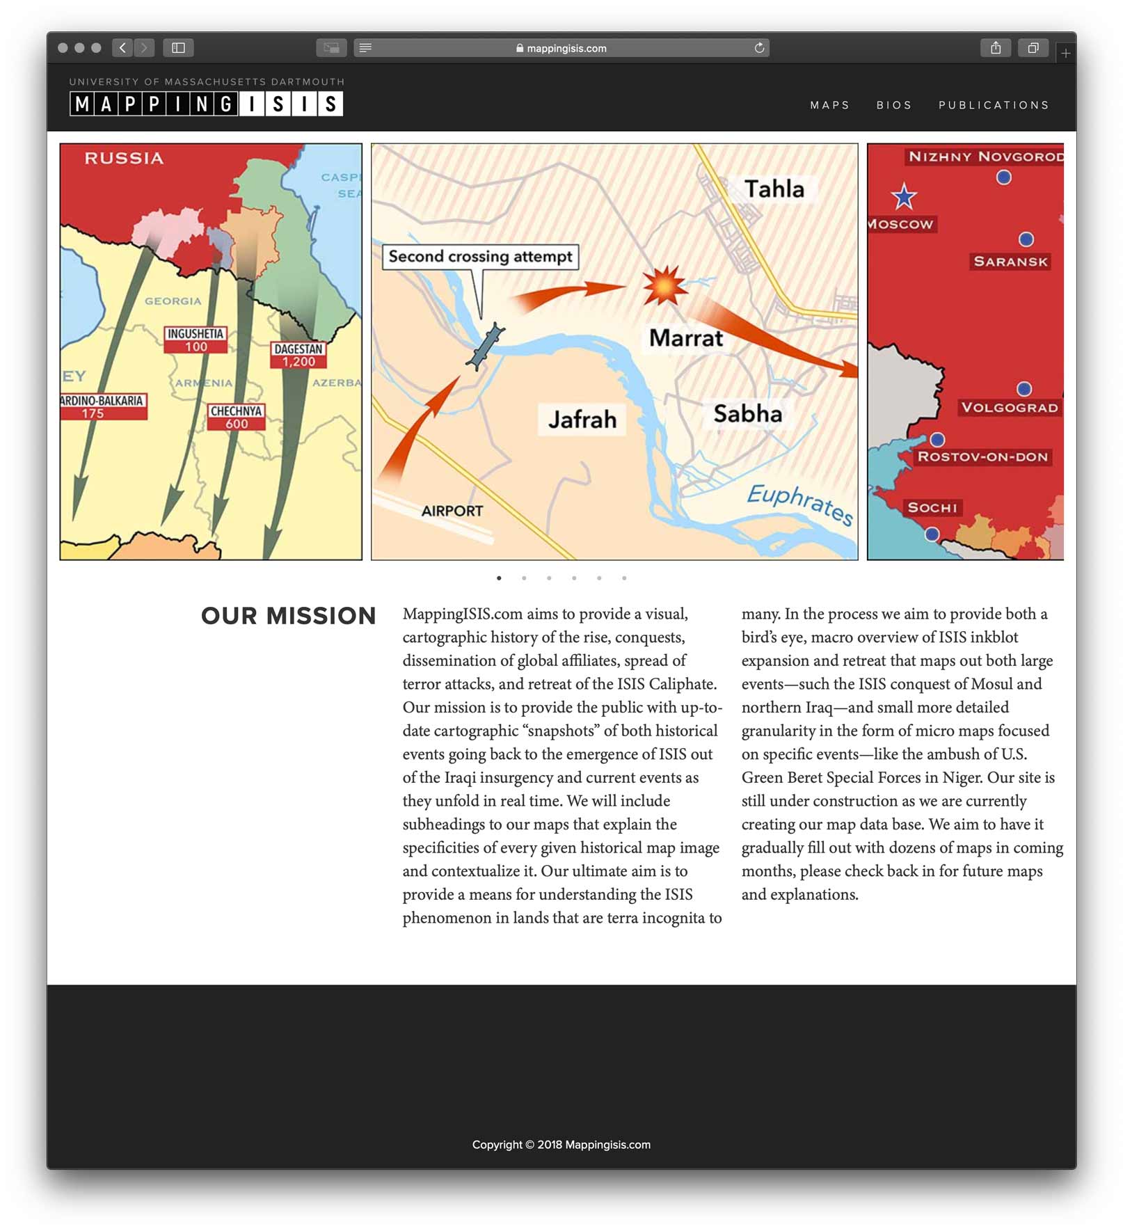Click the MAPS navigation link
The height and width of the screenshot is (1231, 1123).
[829, 105]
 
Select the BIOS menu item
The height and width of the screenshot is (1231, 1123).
[893, 105]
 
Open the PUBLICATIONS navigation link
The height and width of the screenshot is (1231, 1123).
[993, 105]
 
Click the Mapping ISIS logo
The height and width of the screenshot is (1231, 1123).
[206, 104]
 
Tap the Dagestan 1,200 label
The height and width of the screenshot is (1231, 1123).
[298, 355]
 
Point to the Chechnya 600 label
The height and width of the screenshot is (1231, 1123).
[236, 417]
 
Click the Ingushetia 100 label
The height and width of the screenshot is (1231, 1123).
[196, 340]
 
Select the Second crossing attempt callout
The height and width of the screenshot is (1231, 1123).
[480, 257]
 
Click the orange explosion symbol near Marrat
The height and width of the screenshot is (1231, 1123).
[664, 285]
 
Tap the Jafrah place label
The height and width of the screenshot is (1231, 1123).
[582, 420]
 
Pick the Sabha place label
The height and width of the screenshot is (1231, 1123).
[747, 414]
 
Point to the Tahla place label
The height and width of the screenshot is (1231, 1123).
[774, 189]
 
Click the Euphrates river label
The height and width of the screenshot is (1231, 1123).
[799, 504]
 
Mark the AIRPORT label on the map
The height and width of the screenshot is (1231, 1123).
[452, 511]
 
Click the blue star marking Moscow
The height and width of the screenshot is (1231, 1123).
[904, 198]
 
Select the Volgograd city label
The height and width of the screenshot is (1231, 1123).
[1009, 408]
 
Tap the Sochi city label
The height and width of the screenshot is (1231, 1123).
[932, 508]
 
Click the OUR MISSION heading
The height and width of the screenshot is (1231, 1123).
[288, 616]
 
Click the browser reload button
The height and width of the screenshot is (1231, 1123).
[759, 48]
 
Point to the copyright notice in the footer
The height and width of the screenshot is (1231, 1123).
[561, 1145]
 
